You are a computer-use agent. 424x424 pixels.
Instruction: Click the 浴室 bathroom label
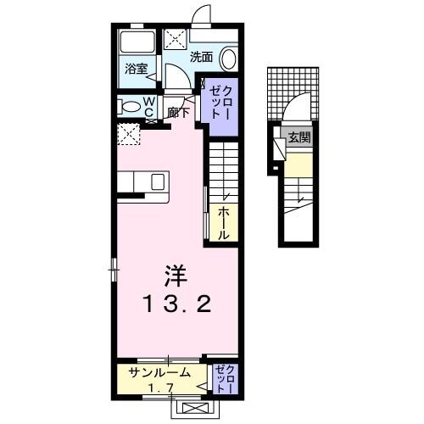tap(137, 69)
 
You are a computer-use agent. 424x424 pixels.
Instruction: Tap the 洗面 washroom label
tap(201, 58)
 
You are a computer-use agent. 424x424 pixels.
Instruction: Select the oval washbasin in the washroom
tap(228, 58)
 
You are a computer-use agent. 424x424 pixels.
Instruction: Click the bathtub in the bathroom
tap(136, 42)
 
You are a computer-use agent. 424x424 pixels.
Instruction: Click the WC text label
tap(148, 106)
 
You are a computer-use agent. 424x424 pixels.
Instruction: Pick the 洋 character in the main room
tap(176, 276)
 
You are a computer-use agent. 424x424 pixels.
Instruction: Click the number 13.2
tap(176, 304)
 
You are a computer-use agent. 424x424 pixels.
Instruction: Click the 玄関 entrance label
tap(298, 138)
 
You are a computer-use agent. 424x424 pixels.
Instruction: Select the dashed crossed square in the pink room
tap(130, 133)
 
